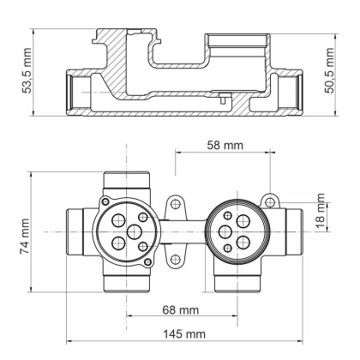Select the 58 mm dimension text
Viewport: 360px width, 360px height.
[225, 146]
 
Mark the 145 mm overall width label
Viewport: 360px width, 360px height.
[183, 333]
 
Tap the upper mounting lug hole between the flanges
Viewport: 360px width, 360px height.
[175, 205]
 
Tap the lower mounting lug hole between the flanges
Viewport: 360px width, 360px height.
[175, 258]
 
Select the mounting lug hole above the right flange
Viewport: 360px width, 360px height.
[269, 201]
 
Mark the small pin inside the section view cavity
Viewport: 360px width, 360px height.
[222, 97]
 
